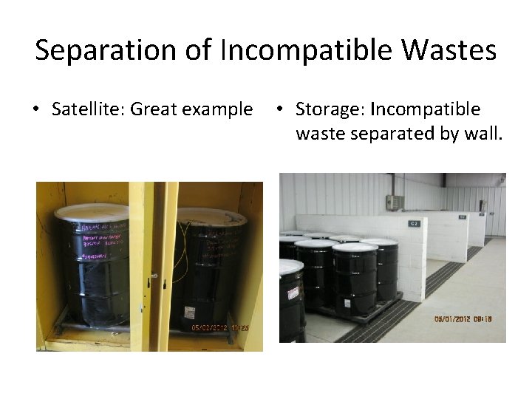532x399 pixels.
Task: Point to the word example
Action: coord(216,110)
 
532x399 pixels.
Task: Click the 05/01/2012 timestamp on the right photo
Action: coord(463,319)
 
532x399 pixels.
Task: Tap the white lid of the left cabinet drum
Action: coord(92,211)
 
